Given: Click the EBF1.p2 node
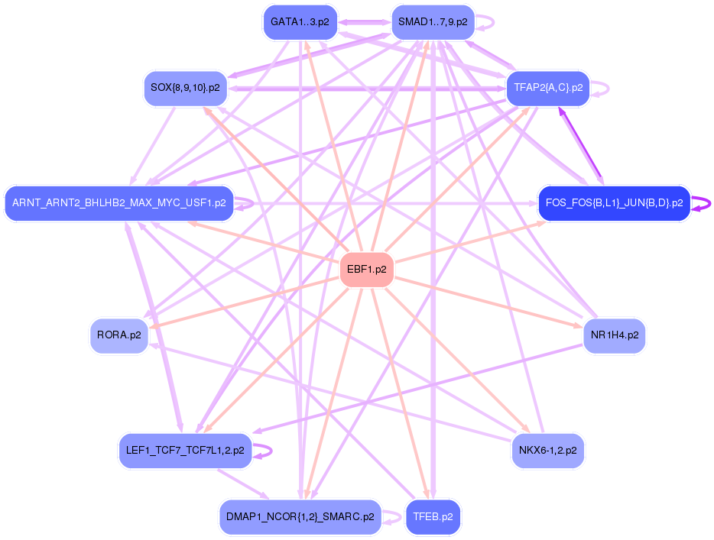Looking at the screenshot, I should [366, 270].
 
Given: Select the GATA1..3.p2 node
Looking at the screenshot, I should [300, 22].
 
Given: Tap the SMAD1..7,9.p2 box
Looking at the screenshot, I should [433, 22].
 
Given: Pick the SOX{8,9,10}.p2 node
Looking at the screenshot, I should [185, 88].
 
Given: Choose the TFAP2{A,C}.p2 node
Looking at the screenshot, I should [548, 88].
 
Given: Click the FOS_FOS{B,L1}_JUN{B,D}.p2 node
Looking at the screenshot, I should [614, 203].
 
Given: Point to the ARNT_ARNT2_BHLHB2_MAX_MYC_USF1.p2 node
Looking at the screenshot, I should [118, 203].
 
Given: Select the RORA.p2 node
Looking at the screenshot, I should [118, 335].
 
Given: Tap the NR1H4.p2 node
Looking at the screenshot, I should [614, 335].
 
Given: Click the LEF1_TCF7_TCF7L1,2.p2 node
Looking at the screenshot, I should [185, 451].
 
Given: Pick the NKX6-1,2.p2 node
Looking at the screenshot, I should [547, 451].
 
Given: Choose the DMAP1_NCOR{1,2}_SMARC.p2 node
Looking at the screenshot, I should [300, 517].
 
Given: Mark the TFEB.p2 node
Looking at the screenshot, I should [433, 517].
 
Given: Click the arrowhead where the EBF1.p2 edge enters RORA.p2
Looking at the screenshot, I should [143, 327].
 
